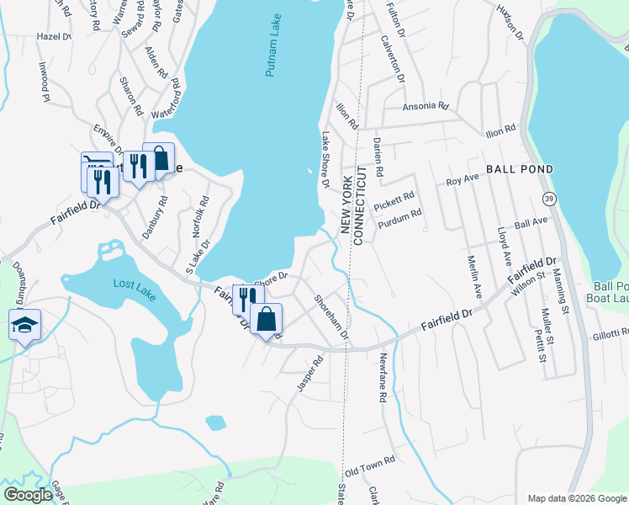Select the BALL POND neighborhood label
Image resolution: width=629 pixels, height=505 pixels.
[519, 169]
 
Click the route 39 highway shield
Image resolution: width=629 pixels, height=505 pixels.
[548, 197]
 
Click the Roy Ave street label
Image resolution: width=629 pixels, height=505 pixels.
[462, 181]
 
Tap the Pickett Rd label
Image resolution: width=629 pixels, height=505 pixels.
[394, 202]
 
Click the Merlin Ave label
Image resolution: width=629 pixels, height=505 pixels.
[476, 277]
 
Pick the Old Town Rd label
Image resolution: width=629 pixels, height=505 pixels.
[370, 465]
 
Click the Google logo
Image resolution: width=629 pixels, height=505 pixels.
[28, 495]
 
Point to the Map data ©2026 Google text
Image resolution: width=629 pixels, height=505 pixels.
[576, 497]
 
